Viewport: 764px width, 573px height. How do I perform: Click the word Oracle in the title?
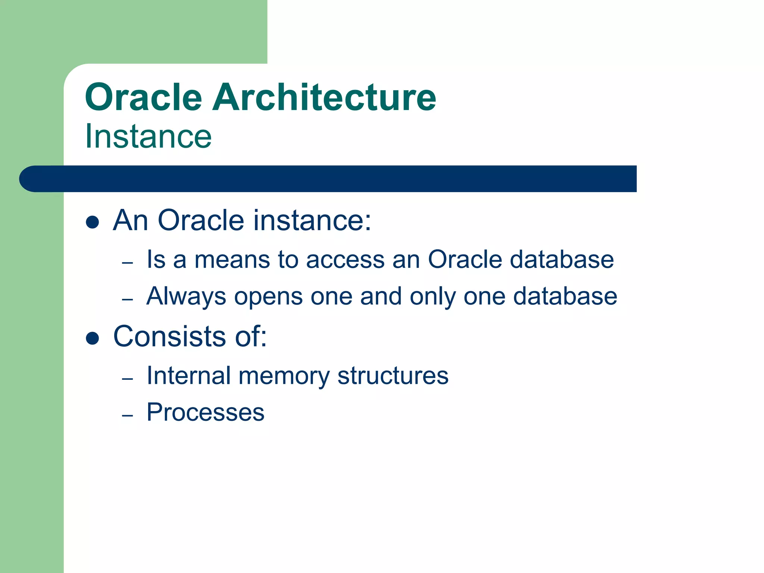click(x=144, y=98)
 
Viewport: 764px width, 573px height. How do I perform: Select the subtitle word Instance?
click(x=148, y=137)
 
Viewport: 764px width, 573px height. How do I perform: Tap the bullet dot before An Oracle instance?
click(x=92, y=222)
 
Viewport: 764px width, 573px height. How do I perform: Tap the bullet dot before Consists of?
click(x=92, y=338)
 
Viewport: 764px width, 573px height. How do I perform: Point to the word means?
click(x=232, y=260)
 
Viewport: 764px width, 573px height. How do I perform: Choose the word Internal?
click(x=188, y=375)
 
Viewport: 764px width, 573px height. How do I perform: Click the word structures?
click(x=392, y=376)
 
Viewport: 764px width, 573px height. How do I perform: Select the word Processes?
click(x=206, y=413)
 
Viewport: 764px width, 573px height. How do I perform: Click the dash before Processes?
click(x=128, y=415)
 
